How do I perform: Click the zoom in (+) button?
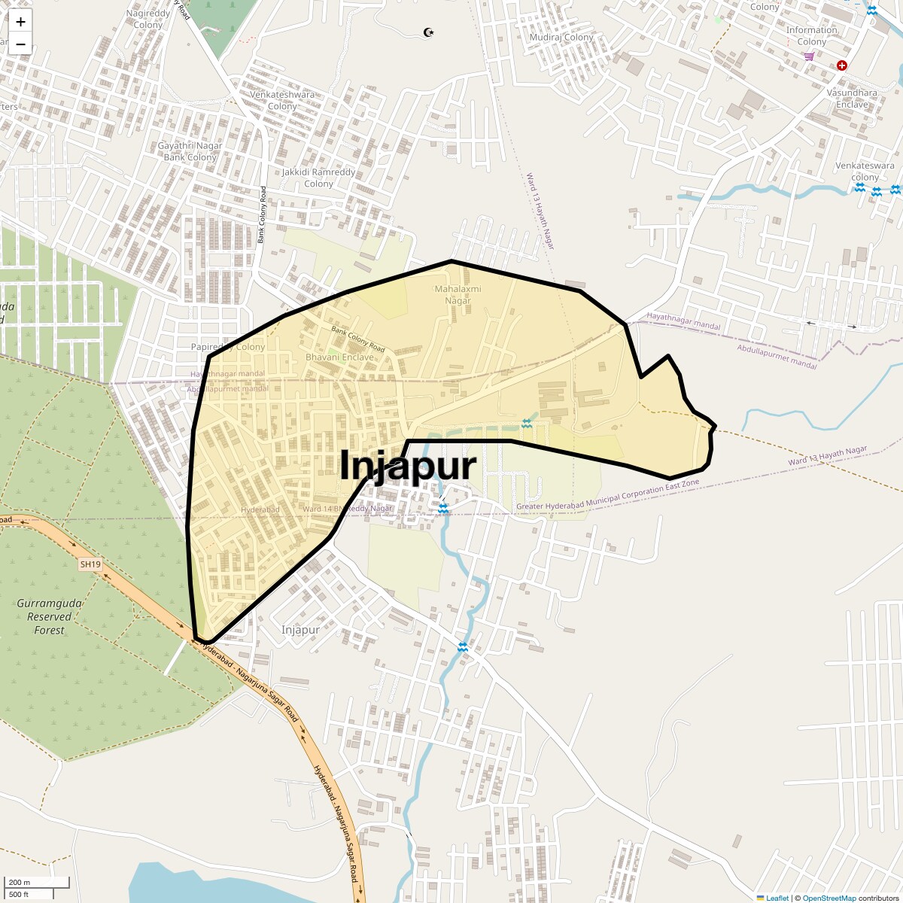[x=20, y=22]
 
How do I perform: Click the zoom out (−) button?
[x=20, y=44]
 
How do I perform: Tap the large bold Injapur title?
[x=408, y=466]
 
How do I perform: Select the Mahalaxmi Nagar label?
[x=458, y=294]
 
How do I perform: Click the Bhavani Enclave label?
[x=339, y=357]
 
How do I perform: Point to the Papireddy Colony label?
[x=228, y=347]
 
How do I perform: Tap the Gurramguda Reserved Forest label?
[x=50, y=616]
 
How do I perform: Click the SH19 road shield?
[x=90, y=564]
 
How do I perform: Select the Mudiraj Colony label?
[x=561, y=37]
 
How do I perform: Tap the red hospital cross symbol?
[x=842, y=65]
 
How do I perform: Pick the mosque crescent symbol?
[x=429, y=32]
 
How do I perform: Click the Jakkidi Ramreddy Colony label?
[x=318, y=178]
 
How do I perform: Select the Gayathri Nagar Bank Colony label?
[x=190, y=151]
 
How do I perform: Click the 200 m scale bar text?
[x=20, y=882]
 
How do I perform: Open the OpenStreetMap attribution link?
[x=829, y=898]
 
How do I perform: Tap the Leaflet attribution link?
[x=777, y=898]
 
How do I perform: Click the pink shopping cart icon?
[x=809, y=56]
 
